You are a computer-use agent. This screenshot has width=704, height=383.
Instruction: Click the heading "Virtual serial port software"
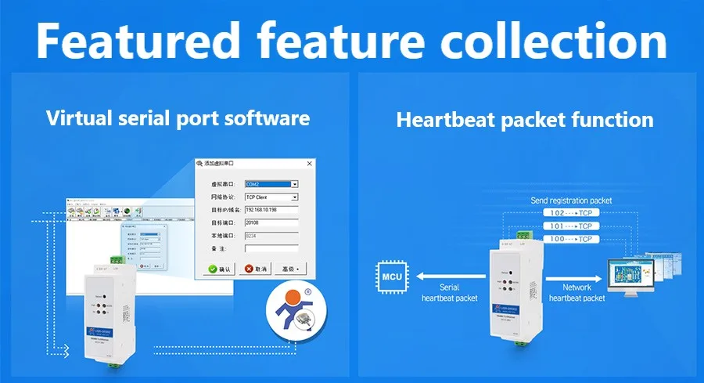178,118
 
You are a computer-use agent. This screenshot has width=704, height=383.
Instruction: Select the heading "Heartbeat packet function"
525,120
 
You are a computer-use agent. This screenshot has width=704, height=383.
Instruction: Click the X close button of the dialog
309,163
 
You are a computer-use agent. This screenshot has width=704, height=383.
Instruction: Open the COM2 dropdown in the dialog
294,185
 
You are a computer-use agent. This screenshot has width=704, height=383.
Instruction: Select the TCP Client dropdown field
294,197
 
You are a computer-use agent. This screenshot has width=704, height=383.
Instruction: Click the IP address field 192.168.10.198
271,210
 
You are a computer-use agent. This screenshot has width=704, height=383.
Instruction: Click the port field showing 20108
271,222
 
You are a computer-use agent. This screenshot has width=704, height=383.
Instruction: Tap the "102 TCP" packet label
569,213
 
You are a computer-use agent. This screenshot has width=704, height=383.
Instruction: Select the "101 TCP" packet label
569,226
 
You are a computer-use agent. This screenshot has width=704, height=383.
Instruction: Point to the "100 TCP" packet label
569,238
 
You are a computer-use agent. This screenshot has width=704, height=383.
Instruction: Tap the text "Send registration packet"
571,201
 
